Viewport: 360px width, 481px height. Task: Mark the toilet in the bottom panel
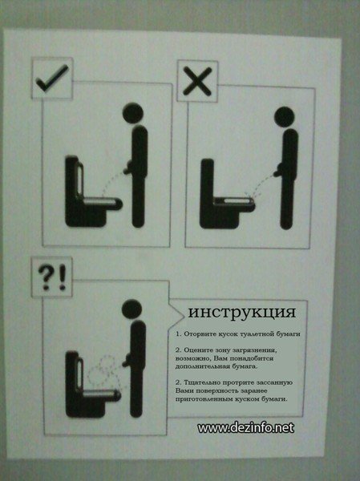[x=84, y=383]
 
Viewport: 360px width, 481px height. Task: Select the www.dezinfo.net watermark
[x=245, y=428]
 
